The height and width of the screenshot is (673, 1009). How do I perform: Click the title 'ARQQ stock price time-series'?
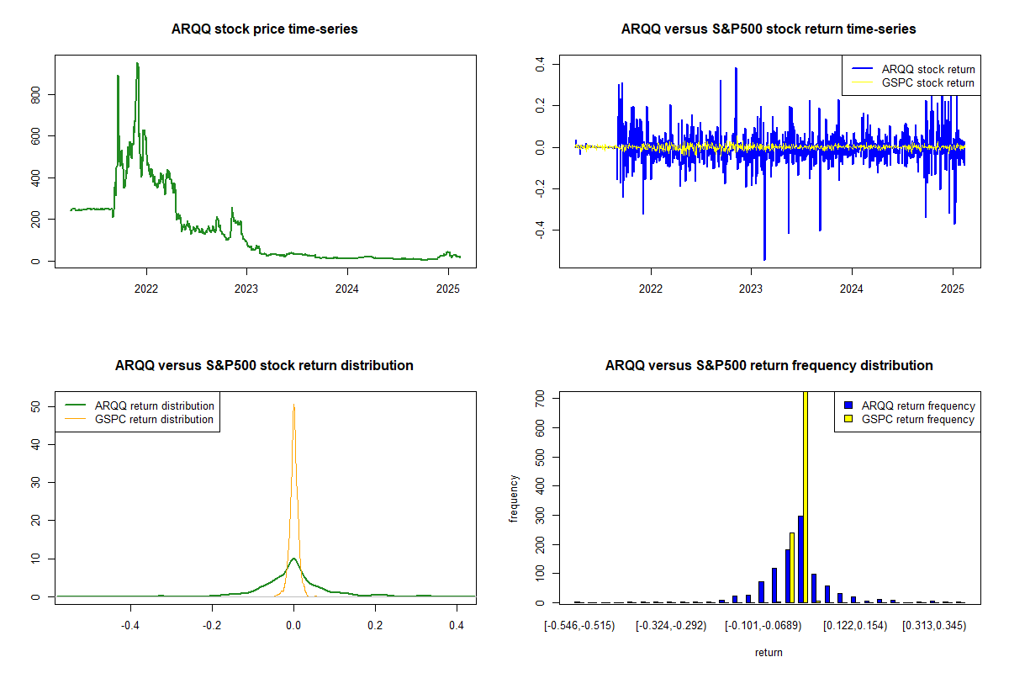tap(265, 29)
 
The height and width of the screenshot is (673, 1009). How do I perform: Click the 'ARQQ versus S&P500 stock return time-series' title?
tap(769, 29)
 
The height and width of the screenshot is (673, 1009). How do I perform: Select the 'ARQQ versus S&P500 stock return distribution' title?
tap(265, 366)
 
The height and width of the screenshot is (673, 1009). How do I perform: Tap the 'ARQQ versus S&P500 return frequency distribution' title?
tap(769, 366)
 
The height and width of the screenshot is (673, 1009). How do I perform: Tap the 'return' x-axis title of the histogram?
tap(769, 652)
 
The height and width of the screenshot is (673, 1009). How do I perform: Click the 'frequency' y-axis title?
tap(514, 499)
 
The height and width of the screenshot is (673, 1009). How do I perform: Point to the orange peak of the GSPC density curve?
tap(293, 406)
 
